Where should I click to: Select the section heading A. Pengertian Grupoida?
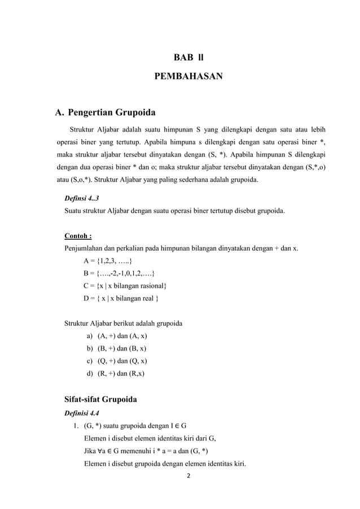coord(105,111)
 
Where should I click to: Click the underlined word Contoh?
coord(78,236)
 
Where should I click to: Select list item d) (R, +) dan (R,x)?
coord(120,373)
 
